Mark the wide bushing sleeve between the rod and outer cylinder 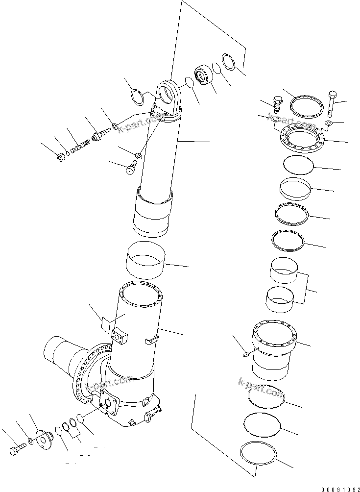[x=145, y=260]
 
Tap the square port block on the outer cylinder [x=120, y=337]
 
